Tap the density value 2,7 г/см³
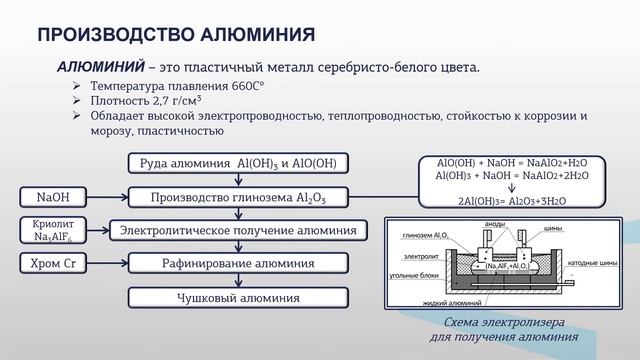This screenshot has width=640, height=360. [178, 101]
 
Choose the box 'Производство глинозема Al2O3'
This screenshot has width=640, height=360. [238, 197]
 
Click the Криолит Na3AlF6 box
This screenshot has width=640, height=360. [49, 230]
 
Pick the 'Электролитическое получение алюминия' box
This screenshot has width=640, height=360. [238, 230]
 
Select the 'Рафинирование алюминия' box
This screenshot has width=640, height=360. [238, 264]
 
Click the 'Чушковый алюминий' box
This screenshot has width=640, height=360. [238, 297]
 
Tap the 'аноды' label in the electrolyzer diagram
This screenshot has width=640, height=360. [495, 225]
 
